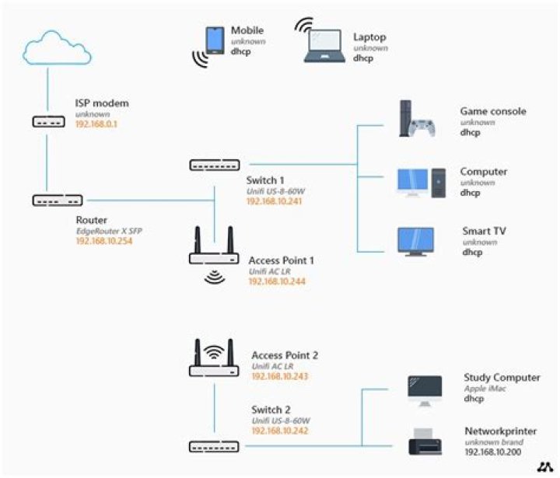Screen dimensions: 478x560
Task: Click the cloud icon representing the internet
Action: (58, 50)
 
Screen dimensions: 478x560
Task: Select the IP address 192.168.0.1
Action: (96, 124)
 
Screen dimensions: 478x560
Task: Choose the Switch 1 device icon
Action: (214, 164)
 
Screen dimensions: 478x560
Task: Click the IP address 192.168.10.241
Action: (274, 201)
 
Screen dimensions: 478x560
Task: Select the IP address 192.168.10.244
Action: (277, 281)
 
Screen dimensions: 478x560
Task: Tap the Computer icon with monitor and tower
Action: (420, 181)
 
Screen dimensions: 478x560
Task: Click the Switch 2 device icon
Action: (214, 446)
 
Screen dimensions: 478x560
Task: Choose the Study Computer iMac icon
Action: (425, 389)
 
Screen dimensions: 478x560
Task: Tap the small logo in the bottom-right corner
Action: (543, 466)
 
